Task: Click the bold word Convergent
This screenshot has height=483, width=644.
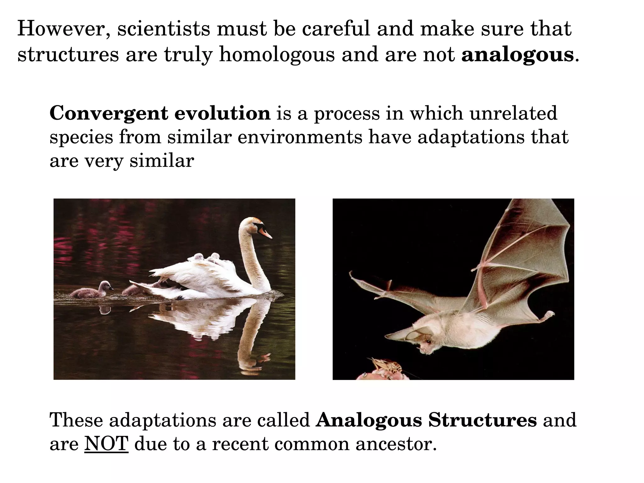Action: coord(108,113)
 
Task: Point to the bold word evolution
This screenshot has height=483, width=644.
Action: coord(222,113)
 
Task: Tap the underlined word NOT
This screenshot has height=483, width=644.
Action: coord(106,444)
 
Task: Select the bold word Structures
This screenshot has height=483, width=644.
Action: coord(482,420)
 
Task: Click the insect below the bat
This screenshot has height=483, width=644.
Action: coord(385,366)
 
